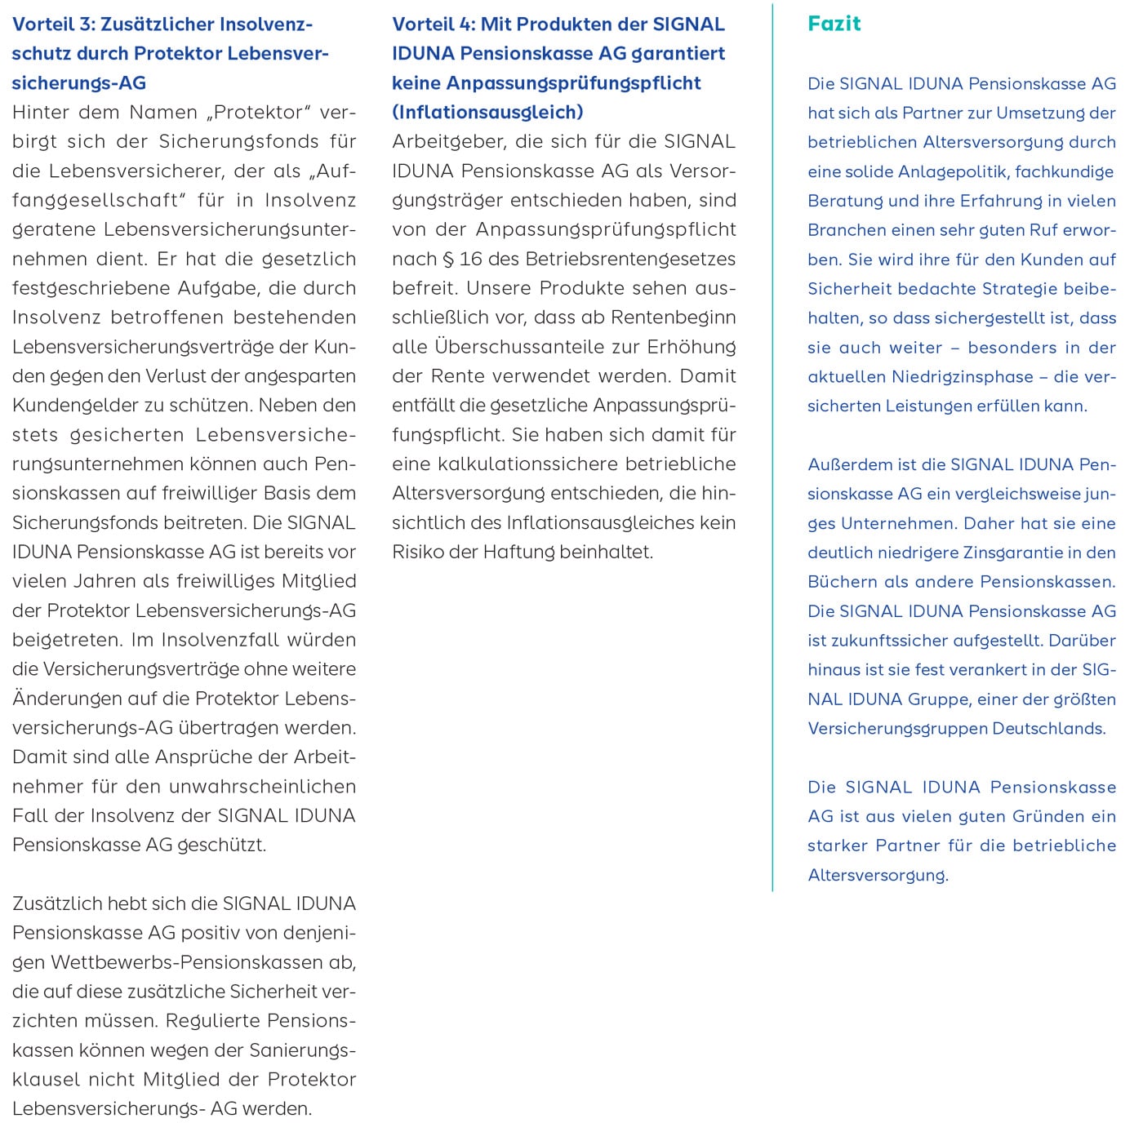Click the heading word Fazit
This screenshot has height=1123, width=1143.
pos(834,24)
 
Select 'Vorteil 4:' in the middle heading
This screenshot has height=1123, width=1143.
pos(433,24)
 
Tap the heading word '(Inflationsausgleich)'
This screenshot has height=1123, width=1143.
pos(487,112)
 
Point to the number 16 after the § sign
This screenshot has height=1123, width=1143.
pos(470,260)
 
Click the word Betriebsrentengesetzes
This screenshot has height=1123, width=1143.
pos(630,260)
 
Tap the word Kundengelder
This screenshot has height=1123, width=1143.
pos(62,406)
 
